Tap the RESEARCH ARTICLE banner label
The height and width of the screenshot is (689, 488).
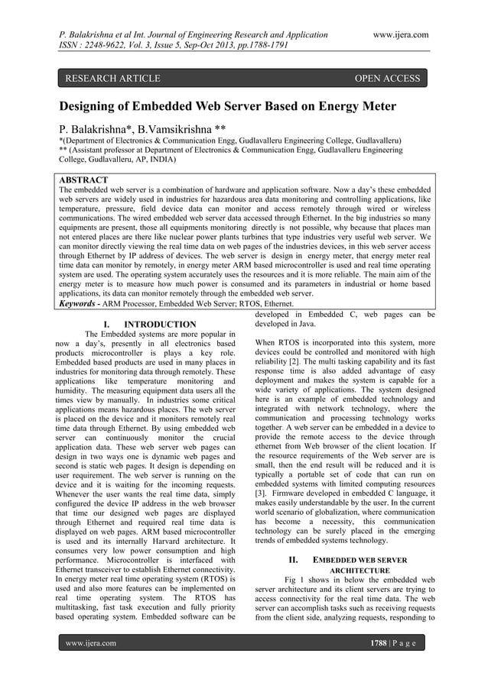pos(113,78)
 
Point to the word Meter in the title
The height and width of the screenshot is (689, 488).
pos(375,106)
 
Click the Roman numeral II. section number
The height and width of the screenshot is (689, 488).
pos(291,559)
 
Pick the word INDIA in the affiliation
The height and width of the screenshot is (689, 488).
pos(157,161)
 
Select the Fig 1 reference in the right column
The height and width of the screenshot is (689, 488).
pos(295,583)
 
